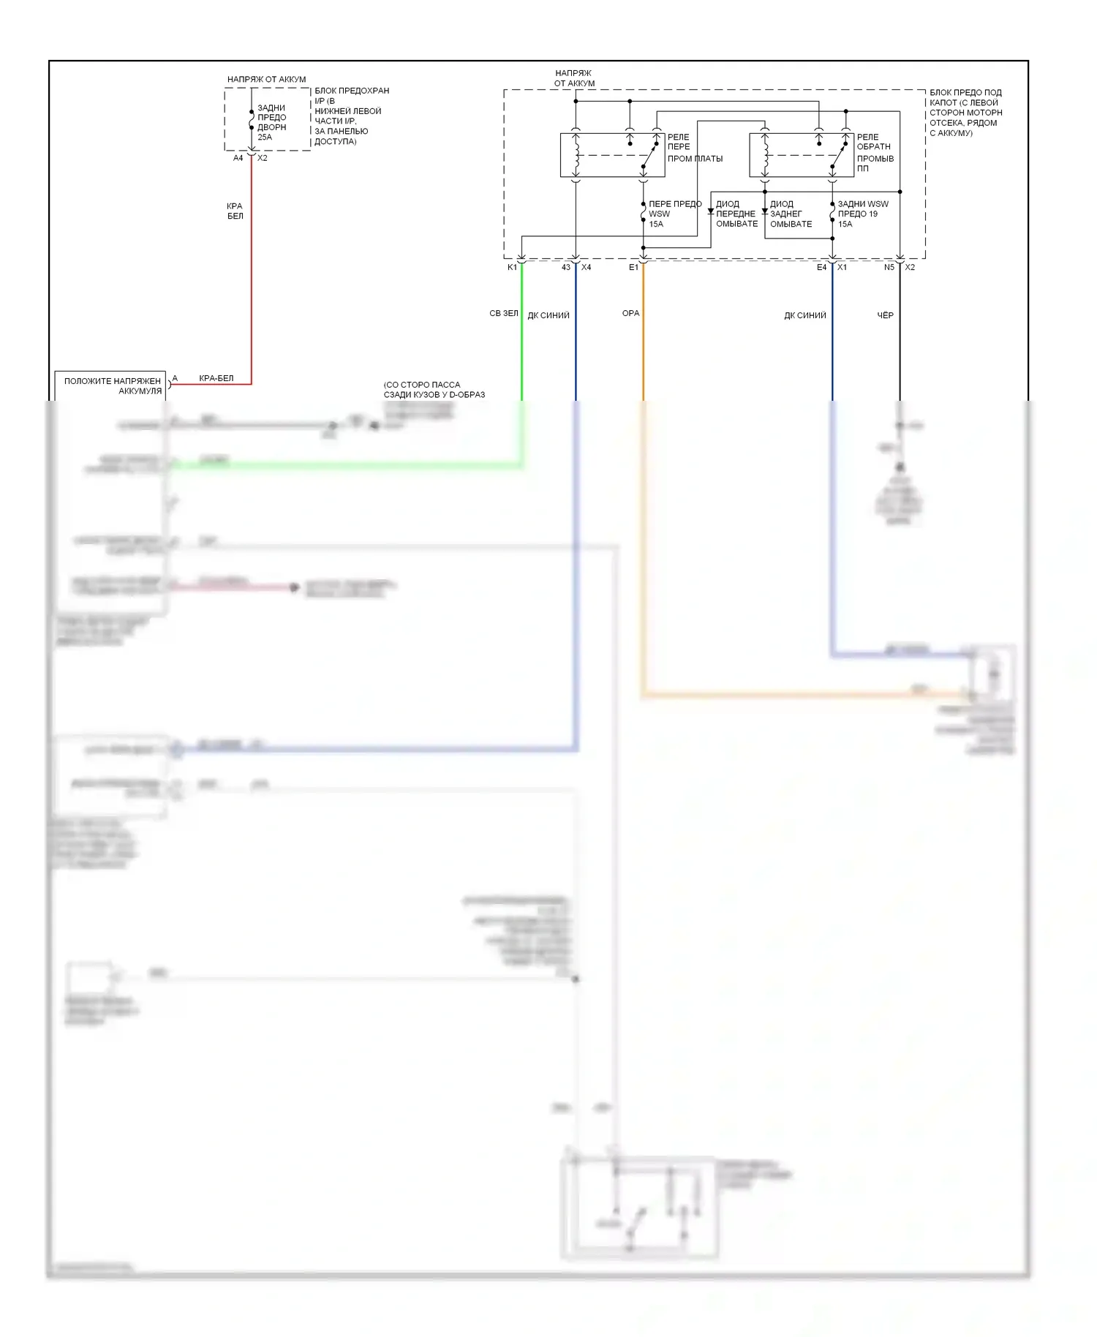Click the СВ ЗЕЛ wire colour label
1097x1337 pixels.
503,313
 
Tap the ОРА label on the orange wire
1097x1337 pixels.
630,313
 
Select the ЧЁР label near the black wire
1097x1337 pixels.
885,315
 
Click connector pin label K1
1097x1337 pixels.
512,268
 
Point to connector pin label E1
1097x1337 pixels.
633,268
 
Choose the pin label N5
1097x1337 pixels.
889,268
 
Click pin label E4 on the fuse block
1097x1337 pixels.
821,268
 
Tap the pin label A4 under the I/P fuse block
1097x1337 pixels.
238,158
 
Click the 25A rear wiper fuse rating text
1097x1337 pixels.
265,138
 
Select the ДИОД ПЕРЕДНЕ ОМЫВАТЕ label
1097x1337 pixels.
736,214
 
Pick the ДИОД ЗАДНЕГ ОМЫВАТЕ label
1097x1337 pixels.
791,214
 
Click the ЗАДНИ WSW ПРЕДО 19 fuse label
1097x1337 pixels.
862,209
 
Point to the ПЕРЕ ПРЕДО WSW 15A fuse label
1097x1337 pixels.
674,214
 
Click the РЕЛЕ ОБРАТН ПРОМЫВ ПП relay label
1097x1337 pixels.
875,152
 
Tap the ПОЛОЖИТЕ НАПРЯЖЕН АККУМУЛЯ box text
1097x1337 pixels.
113,385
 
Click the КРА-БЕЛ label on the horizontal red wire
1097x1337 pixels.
216,378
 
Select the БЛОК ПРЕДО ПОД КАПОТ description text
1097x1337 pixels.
965,113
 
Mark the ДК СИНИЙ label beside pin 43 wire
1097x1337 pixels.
548,315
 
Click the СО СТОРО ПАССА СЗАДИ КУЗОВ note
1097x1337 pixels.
434,389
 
